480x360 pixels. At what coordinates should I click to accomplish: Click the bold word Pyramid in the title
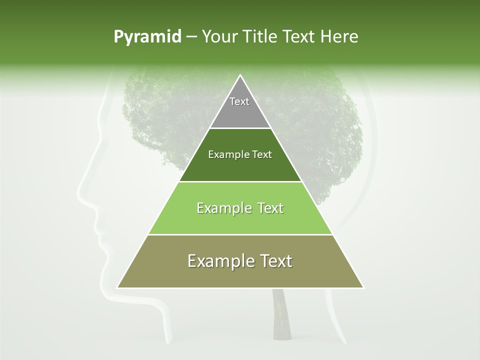click(147, 37)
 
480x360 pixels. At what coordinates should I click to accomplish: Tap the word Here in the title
click(341, 37)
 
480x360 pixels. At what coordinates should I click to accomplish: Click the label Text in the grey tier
click(239, 101)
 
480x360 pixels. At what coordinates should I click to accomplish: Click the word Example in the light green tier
click(223, 208)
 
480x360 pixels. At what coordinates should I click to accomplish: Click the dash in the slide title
click(191, 37)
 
